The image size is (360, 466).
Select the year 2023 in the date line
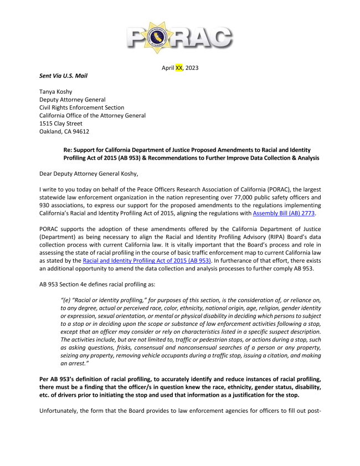click(192, 68)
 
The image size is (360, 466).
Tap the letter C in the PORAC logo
click(217, 37)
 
